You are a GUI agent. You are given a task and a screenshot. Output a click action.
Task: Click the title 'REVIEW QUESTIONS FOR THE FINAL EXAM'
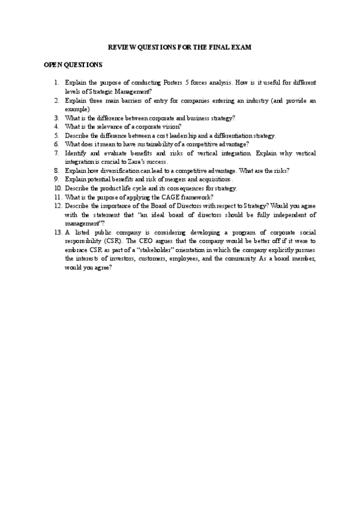click(179, 46)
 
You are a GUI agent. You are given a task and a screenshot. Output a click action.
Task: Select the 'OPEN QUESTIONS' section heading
click(73, 64)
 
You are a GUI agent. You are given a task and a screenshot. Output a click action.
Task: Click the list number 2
click(55, 100)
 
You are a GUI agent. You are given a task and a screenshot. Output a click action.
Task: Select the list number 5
click(55, 136)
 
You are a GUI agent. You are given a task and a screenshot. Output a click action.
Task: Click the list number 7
click(55, 153)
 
